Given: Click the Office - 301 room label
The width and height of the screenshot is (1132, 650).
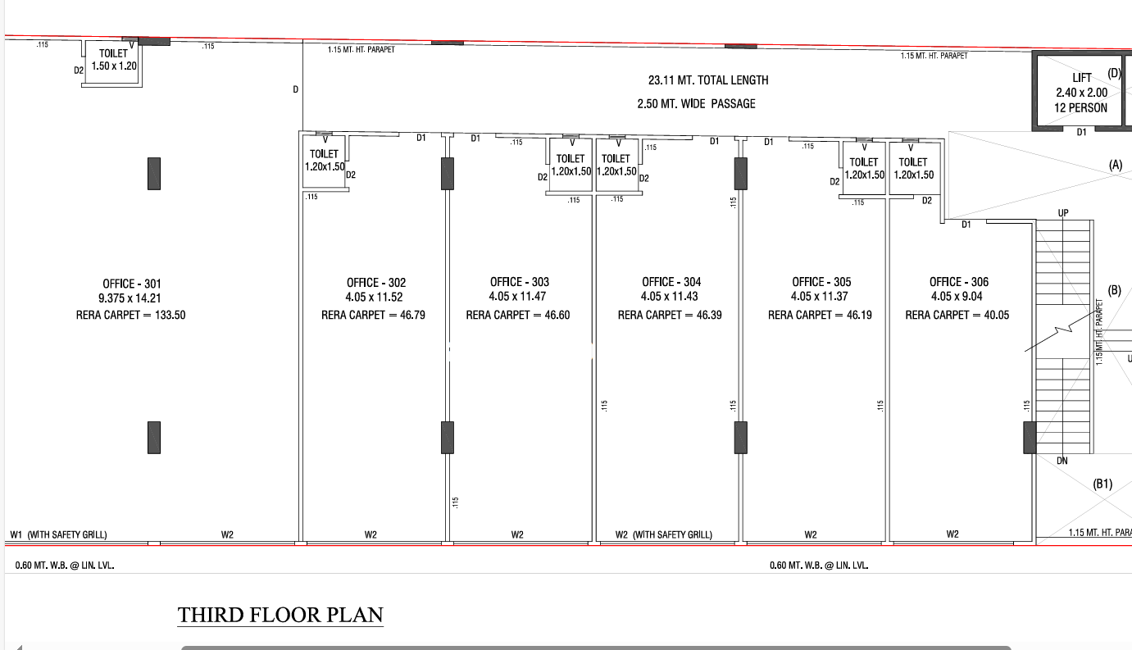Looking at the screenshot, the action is pos(131,284).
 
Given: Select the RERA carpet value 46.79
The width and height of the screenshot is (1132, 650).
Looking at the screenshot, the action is pos(412,315).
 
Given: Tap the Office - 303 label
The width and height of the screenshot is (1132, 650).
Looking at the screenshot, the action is pos(520,281).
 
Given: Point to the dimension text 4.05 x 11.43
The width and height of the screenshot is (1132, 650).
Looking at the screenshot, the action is pos(670,296).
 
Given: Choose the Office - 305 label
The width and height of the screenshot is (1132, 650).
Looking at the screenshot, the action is pos(821,281).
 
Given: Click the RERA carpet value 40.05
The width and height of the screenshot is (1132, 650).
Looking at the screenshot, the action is pos(997,315).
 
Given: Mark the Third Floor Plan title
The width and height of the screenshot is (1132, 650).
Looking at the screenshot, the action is pos(280,615).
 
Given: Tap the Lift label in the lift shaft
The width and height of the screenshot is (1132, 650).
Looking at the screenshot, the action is pos(1081,78).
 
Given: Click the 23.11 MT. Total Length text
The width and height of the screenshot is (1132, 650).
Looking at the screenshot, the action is pos(708,80).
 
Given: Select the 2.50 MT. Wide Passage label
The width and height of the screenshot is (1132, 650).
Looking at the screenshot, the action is pos(697,103).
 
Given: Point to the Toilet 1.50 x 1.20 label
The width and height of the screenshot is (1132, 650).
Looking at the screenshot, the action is pos(114,60).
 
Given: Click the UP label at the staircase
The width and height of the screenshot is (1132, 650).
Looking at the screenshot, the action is pos(1063,213).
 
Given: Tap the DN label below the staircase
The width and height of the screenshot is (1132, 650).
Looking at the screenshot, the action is pos(1062,461).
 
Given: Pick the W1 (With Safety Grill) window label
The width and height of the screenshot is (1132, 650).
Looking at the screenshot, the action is pos(59,534).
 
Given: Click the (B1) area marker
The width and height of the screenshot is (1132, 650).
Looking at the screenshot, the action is pos(1102,484).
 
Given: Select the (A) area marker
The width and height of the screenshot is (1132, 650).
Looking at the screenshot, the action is pos(1116,165).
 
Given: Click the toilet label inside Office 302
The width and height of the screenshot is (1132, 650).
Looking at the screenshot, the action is pos(325,160).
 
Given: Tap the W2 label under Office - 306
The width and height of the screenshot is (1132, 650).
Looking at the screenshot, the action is pos(952,534).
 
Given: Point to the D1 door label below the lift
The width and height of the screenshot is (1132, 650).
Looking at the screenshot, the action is pos(1081,132).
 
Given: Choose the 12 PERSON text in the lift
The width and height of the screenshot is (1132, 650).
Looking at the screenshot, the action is pos(1080,107).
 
